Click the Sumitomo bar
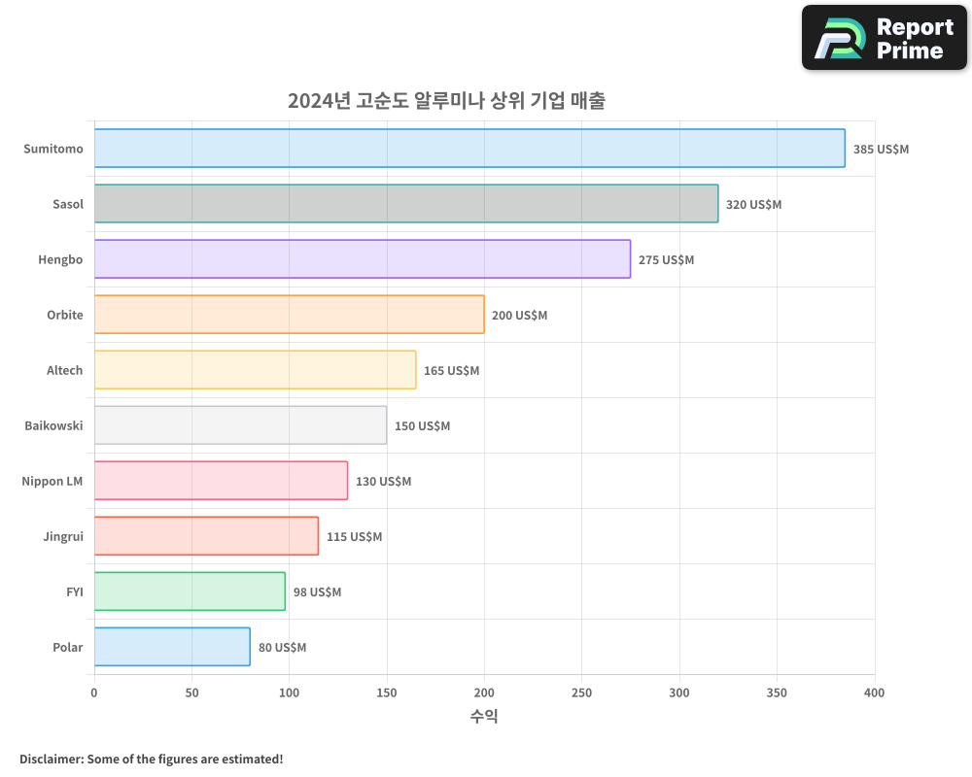[469, 149]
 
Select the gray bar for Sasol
[406, 204]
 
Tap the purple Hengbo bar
[363, 259]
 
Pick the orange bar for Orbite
[289, 315]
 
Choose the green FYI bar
[190, 591]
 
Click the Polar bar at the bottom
[172, 647]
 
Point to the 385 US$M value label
[881, 150]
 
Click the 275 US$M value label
[666, 260]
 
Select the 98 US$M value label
[317, 592]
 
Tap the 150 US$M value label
[422, 426]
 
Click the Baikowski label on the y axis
[53, 425]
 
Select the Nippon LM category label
[52, 481]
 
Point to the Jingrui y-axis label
[63, 536]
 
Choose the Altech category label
[65, 370]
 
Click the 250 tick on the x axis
[581, 693]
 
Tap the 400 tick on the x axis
[874, 693]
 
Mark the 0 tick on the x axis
[94, 693]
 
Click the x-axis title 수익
[484, 717]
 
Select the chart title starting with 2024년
[446, 101]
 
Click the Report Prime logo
[885, 38]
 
